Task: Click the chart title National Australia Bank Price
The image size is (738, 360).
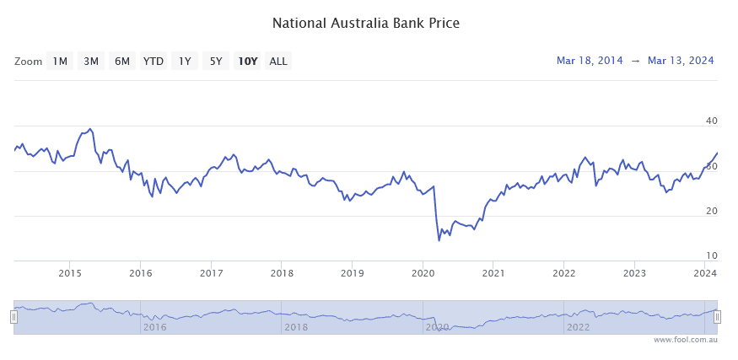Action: pyautogui.click(x=365, y=23)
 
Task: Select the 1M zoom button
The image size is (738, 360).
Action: pyautogui.click(x=60, y=61)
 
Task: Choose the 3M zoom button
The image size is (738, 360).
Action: pyautogui.click(x=91, y=61)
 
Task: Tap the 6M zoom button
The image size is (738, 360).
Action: pyautogui.click(x=122, y=61)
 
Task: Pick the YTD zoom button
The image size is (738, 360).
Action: pyautogui.click(x=154, y=61)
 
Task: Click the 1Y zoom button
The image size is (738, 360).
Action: pyautogui.click(x=185, y=61)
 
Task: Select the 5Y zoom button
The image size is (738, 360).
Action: pyautogui.click(x=216, y=61)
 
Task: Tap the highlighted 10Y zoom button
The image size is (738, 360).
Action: pyautogui.click(x=247, y=61)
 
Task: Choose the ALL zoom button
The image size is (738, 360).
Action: pyautogui.click(x=277, y=61)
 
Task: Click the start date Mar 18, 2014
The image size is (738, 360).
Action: pyautogui.click(x=590, y=61)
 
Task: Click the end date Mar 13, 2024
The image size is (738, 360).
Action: pyautogui.click(x=681, y=61)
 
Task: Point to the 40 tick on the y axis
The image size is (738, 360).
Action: pyautogui.click(x=711, y=121)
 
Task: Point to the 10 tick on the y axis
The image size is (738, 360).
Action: pyautogui.click(x=711, y=255)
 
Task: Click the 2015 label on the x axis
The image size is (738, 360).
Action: pyautogui.click(x=70, y=272)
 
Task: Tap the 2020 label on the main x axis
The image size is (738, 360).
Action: pyautogui.click(x=423, y=272)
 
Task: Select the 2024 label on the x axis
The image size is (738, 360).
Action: pyautogui.click(x=705, y=272)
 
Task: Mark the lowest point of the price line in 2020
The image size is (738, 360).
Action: pyautogui.click(x=439, y=240)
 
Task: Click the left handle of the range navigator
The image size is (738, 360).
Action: pyautogui.click(x=13, y=317)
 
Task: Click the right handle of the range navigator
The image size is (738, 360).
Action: pyautogui.click(x=717, y=317)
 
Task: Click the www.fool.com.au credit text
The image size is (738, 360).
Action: pyautogui.click(x=685, y=340)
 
